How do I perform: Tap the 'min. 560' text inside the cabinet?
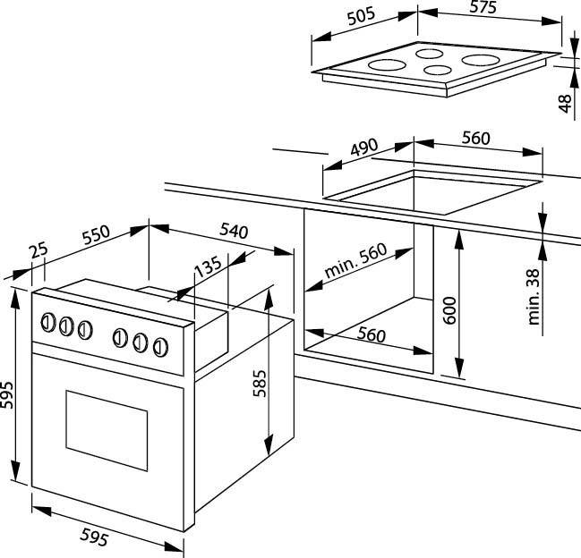pos(356,266)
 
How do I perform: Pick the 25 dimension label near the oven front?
pos(37,254)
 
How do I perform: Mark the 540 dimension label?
pos(232,230)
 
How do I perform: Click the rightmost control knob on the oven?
pos(160,345)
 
